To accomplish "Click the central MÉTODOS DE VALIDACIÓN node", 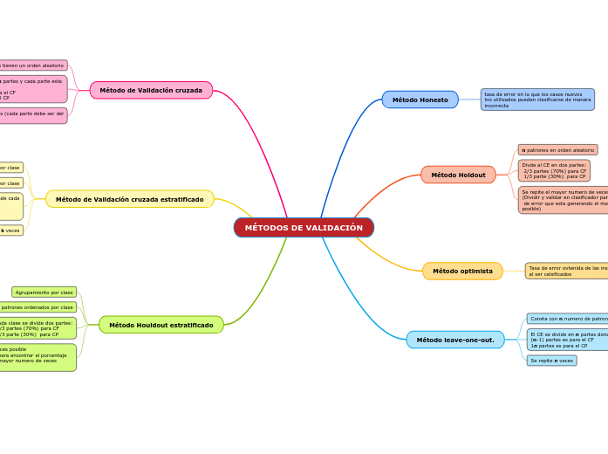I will pos(304,228).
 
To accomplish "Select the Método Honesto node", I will pos(420,100).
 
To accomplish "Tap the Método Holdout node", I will pos(458,175).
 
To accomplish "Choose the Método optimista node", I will pos(462,272).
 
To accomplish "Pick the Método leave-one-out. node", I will pos(454,340).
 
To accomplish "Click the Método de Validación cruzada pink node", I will pos(151,90).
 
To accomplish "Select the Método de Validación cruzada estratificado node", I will pos(129,199).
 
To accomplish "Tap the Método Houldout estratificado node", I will pos(161,325).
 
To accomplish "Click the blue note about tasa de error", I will pos(537,100).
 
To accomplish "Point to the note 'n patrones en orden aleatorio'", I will pos(557,150).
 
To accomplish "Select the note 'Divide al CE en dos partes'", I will pos(554,170).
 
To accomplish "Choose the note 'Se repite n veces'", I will pos(551,361).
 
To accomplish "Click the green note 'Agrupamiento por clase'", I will pos(44,292).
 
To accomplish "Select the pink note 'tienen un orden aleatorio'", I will pos(32,65).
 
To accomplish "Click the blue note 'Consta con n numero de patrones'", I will pos(568,319).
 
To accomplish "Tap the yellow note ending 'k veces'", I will pos(11,230).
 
